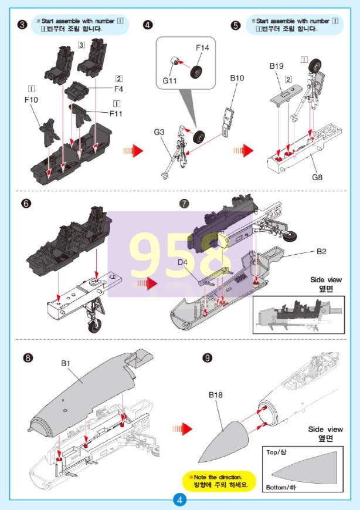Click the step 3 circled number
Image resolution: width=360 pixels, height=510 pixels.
click(x=22, y=25)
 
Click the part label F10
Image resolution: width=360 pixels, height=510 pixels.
click(x=32, y=100)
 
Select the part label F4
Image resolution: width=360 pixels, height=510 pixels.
click(x=118, y=89)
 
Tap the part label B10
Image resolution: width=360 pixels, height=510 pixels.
click(x=237, y=77)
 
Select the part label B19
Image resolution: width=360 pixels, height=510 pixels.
click(x=277, y=66)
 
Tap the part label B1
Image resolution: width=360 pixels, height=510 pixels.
click(x=66, y=364)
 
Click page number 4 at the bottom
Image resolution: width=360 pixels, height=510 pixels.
click(x=179, y=500)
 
